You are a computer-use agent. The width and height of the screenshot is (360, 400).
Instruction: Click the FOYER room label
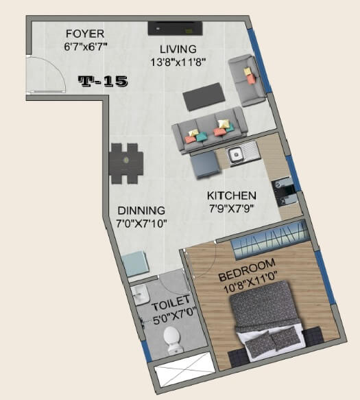click(86, 33)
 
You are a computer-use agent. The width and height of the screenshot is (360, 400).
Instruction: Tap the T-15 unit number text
click(103, 82)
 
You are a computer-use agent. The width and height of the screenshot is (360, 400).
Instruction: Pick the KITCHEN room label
click(232, 196)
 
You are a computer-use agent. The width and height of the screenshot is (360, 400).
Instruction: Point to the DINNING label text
click(141, 211)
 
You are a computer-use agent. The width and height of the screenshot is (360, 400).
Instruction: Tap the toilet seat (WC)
click(172, 339)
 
